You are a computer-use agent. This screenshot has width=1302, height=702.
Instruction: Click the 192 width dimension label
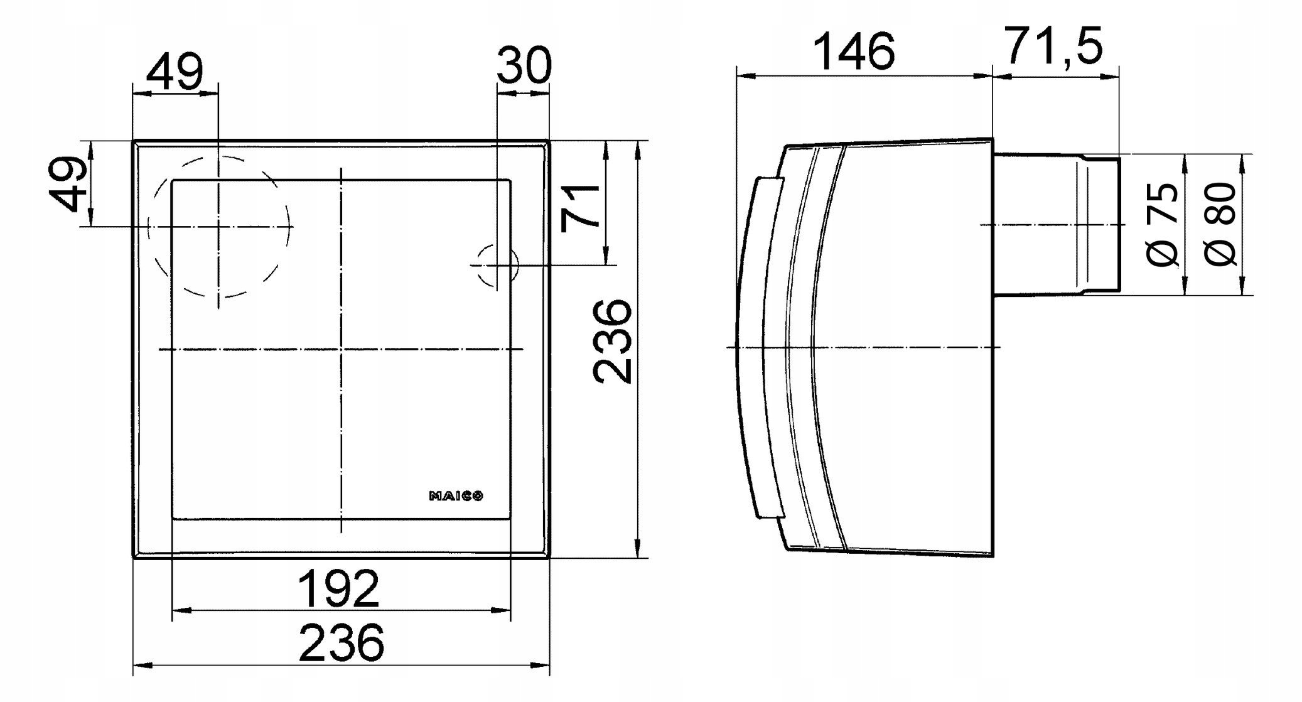click(x=338, y=589)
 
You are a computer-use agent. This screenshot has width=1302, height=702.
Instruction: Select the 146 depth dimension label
click(x=854, y=51)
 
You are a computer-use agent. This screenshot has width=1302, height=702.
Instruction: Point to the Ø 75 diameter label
click(x=1163, y=224)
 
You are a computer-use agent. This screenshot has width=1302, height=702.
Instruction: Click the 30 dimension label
click(x=524, y=65)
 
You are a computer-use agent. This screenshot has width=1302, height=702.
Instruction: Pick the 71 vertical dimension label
click(x=581, y=208)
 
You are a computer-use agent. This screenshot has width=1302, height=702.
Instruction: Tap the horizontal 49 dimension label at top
click(x=175, y=72)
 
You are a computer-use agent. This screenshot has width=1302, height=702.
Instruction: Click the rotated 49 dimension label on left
click(x=69, y=184)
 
